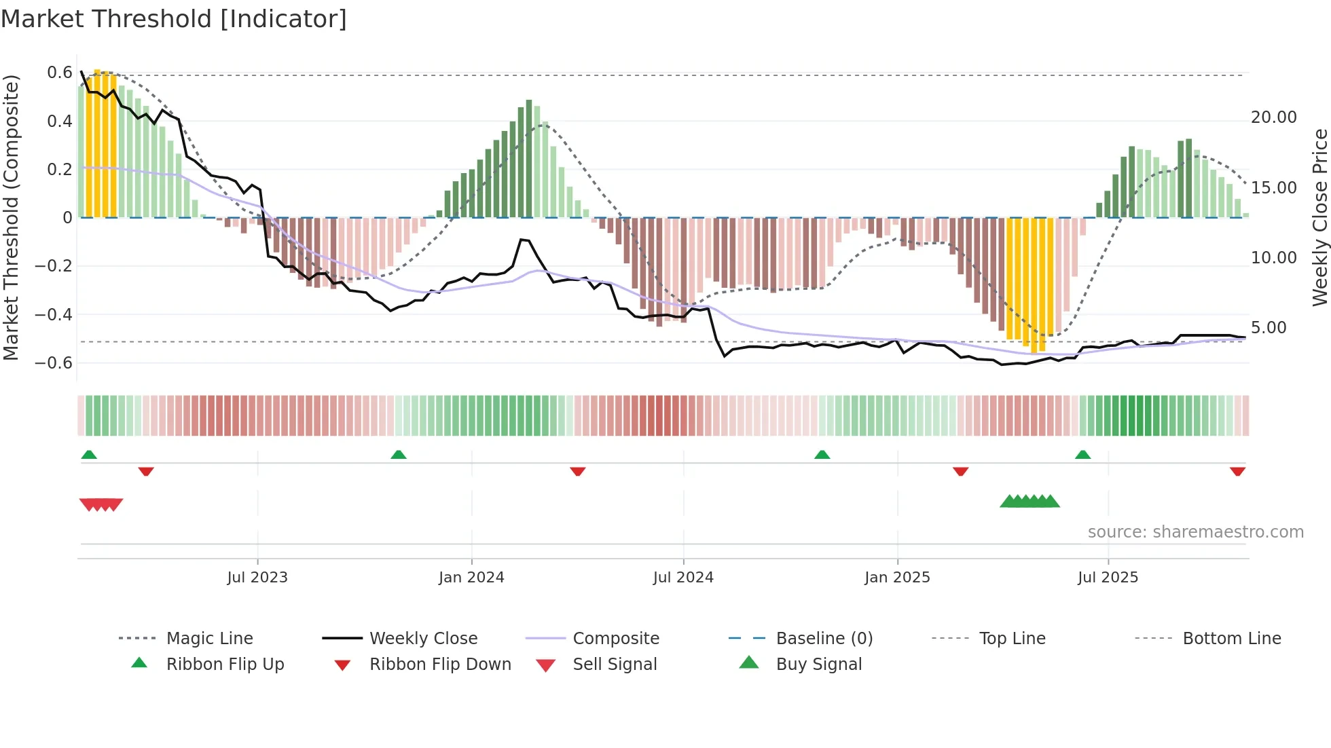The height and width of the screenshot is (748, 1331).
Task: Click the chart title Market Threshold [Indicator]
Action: coord(174,19)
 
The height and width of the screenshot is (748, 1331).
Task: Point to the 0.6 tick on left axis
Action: coord(60,73)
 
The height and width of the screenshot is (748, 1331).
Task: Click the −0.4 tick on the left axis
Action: coord(54,314)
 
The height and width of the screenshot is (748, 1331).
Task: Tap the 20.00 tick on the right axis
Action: coord(1273,117)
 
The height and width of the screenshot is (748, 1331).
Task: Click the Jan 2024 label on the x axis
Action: coord(471,578)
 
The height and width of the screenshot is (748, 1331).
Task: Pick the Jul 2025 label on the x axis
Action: coord(1108,578)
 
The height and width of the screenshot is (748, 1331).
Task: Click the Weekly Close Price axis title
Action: coord(1319,217)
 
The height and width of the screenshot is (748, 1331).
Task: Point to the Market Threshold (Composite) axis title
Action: coord(11,217)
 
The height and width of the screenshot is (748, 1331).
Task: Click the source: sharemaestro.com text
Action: coord(1195,532)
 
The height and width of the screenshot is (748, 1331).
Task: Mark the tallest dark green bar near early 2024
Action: coord(529,159)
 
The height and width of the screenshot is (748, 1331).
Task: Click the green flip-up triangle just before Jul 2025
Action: coord(1082,455)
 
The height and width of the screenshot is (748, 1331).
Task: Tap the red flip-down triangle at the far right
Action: coord(1237,471)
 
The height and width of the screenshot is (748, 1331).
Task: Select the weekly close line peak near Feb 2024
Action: coord(522,240)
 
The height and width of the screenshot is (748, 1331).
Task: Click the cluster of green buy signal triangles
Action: coord(1029,502)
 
